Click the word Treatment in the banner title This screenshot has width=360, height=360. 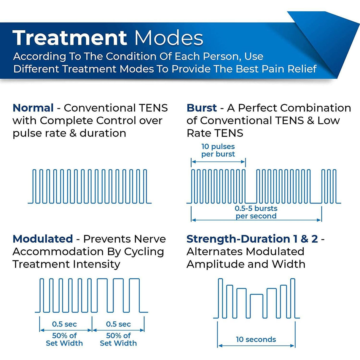point(70,38)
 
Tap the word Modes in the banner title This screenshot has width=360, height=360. point(168,38)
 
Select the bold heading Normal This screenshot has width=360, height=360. point(33,108)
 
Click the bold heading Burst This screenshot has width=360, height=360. point(202,108)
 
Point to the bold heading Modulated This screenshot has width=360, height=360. point(43,239)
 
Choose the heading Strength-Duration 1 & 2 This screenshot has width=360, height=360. point(252,239)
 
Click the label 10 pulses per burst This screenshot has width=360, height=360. point(218,150)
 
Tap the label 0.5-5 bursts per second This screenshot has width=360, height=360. point(256,212)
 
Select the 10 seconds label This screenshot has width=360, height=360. point(256,339)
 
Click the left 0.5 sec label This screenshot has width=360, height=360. point(64,324)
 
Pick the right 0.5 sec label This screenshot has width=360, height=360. point(118,324)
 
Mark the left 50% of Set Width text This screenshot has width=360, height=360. point(64,340)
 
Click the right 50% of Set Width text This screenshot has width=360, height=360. point(118,340)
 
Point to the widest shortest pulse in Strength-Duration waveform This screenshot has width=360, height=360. point(257,305)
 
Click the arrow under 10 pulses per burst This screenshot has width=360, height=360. point(218,162)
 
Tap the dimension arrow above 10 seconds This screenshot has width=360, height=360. point(256,345)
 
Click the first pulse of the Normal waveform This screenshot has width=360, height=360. point(34,186)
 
